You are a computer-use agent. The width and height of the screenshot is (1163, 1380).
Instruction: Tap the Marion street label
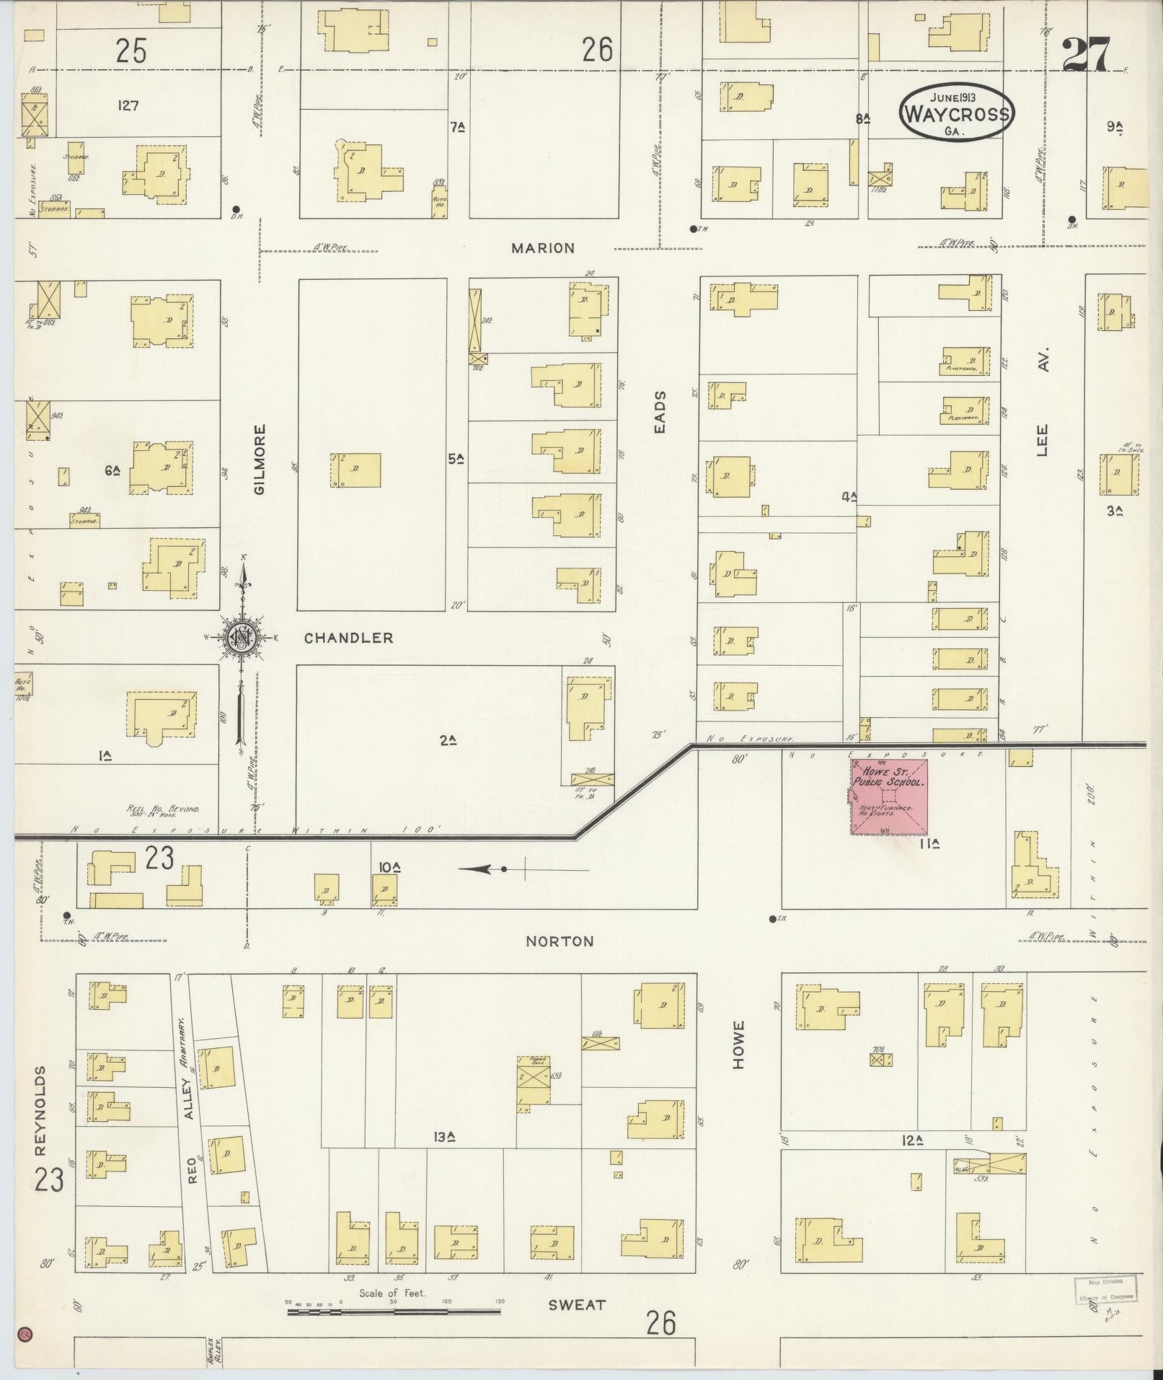point(543,248)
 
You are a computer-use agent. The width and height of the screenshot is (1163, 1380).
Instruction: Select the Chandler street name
point(348,638)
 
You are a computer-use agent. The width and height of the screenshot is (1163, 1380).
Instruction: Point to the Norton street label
point(560,941)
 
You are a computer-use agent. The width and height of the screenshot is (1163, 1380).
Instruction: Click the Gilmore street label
point(260,459)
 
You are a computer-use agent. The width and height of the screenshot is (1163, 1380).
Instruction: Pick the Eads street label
point(660,412)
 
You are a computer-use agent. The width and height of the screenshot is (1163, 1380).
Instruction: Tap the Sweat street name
point(577,1304)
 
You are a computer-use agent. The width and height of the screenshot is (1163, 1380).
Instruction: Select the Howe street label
point(738,1044)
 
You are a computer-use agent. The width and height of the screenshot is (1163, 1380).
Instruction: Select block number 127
point(128,105)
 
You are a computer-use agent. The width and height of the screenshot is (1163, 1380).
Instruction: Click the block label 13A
point(447,1138)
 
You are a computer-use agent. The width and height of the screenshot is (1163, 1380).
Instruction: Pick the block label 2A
point(448,739)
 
